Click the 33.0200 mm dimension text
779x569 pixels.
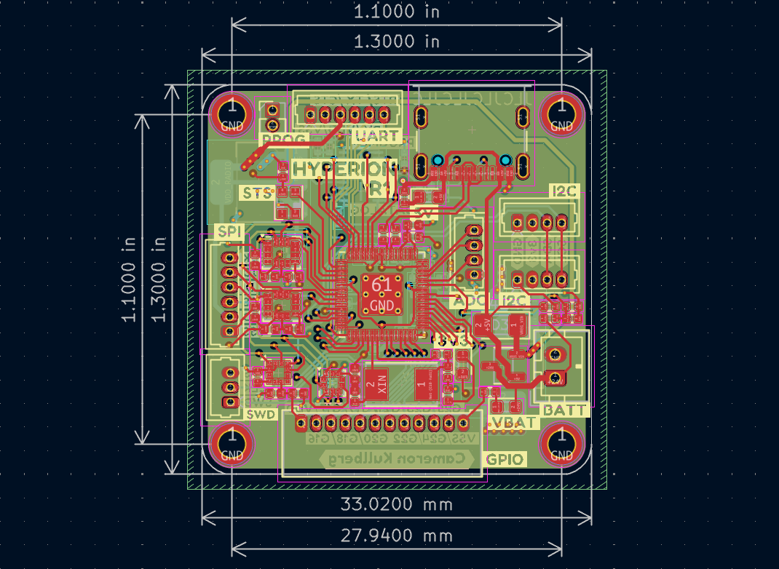[397, 504]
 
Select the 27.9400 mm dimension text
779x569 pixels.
[397, 536]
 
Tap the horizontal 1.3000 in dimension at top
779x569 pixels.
[397, 41]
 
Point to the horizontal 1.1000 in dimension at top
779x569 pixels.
[397, 12]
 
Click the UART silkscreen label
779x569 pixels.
[376, 135]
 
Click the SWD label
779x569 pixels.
[261, 414]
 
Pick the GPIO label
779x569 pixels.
[505, 459]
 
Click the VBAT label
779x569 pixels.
[513, 423]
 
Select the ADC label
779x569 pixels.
[470, 301]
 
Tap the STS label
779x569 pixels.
[258, 194]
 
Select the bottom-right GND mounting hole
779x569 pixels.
[561, 445]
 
